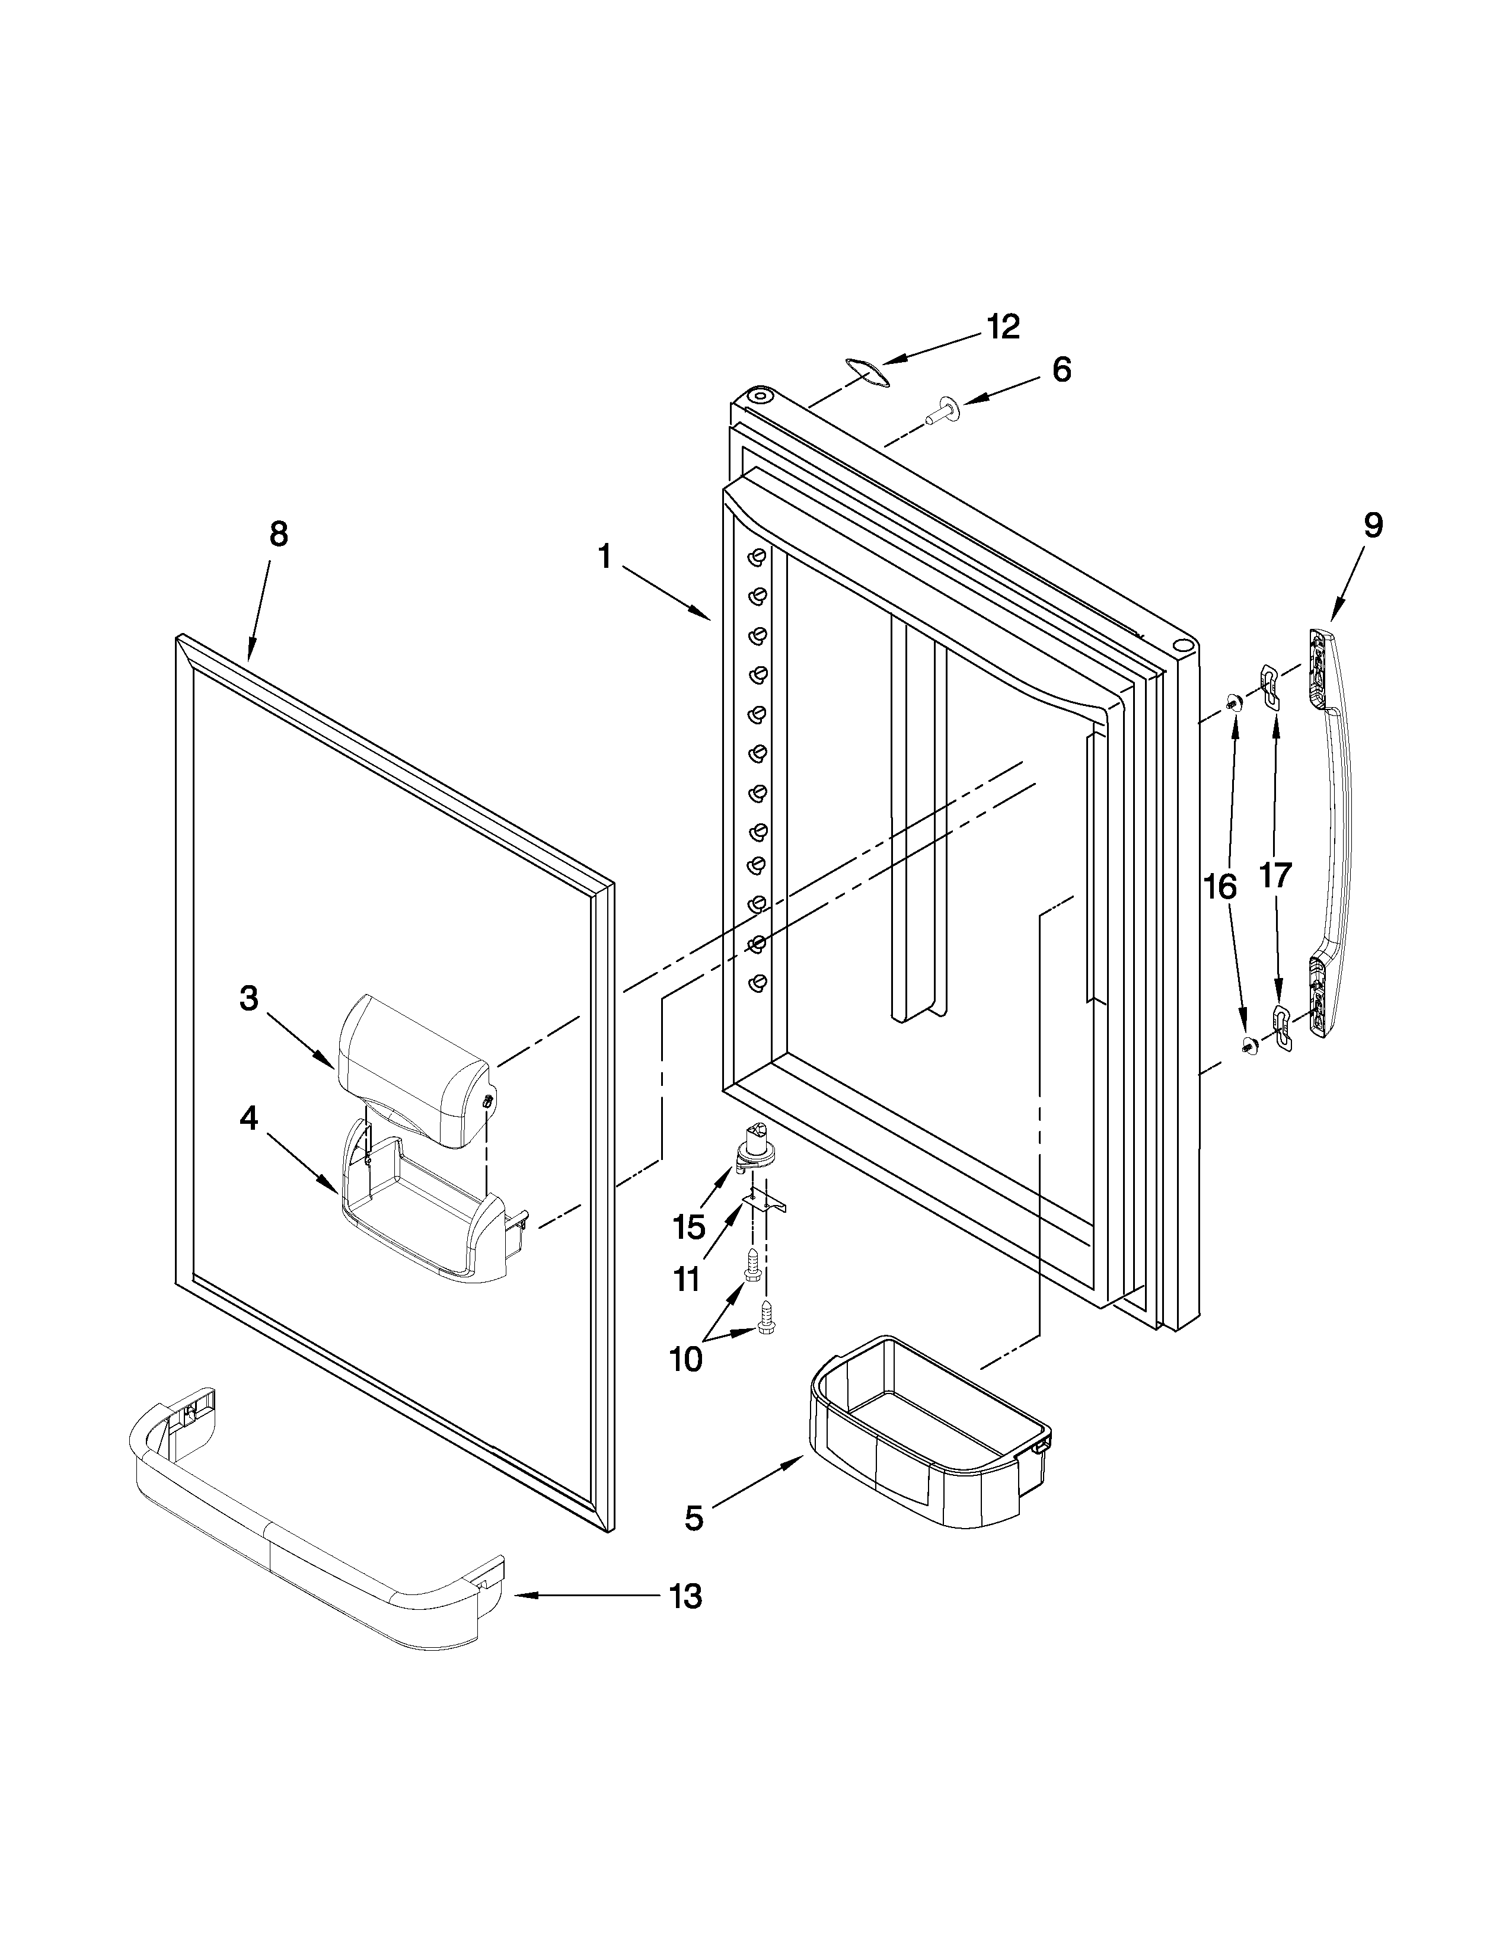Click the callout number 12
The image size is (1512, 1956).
coord(1003,327)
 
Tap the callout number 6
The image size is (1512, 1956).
coord(1061,369)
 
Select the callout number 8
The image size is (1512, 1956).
coord(279,534)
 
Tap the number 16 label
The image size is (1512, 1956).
coord(1220,887)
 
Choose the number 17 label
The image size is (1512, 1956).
coord(1275,875)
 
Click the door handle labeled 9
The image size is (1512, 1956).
coord(1332,833)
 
